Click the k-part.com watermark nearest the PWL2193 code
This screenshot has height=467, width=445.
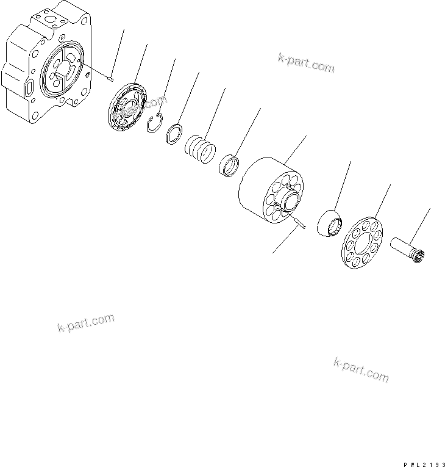pyautogui.click(x=361, y=369)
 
